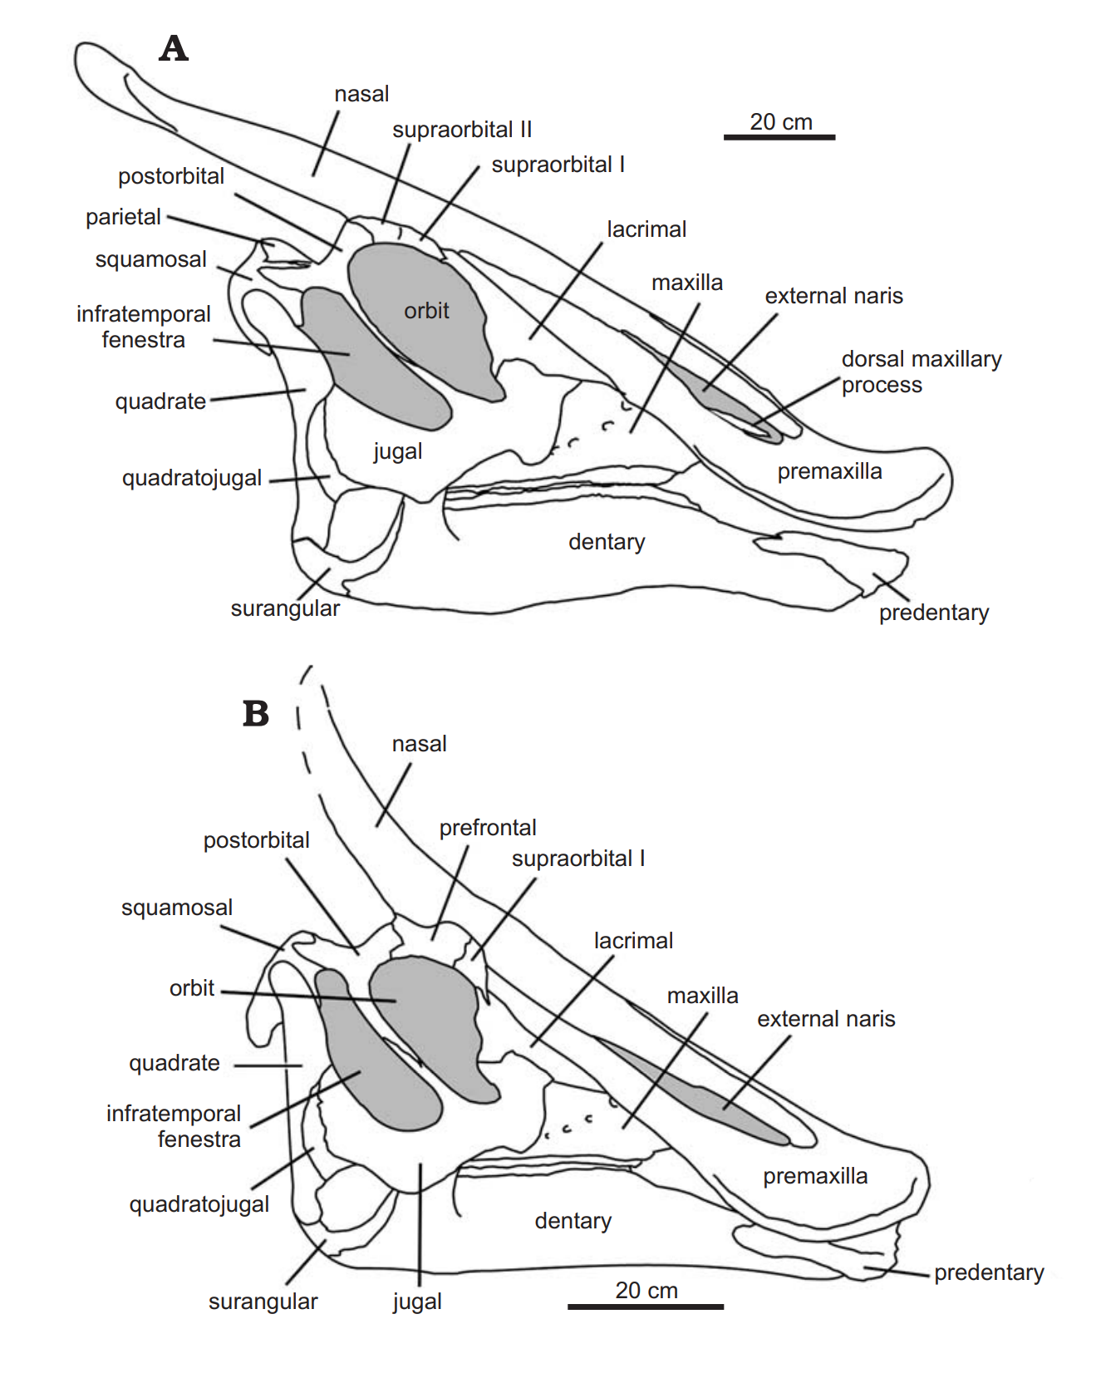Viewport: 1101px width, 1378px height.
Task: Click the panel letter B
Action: tap(255, 713)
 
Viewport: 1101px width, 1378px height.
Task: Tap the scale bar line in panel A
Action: tap(779, 137)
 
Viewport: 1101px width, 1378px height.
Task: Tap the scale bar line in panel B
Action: tap(645, 1307)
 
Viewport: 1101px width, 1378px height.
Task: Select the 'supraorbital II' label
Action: tap(462, 130)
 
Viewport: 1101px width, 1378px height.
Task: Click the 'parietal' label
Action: tap(123, 217)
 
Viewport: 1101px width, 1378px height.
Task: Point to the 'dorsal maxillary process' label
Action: tap(921, 372)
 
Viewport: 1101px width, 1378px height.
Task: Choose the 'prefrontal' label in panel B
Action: tap(488, 828)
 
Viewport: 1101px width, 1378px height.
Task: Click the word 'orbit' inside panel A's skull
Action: tap(426, 311)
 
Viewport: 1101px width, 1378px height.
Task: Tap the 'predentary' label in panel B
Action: tap(989, 1272)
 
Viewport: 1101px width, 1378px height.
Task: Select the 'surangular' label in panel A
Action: tap(285, 608)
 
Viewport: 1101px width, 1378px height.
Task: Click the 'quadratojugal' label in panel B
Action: tap(199, 1204)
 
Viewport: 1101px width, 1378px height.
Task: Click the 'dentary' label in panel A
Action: tap(607, 542)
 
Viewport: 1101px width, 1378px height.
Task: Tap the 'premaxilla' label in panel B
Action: tap(815, 1176)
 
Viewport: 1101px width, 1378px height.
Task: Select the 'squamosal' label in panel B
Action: tap(177, 908)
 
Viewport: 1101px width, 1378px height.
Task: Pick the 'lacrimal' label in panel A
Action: tap(646, 229)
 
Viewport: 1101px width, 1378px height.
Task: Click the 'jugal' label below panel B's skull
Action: tap(417, 1302)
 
